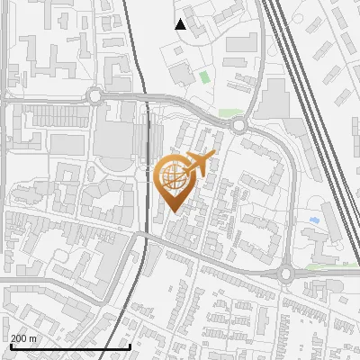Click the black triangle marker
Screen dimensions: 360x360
coord(180,24)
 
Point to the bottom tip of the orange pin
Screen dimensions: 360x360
coord(173,212)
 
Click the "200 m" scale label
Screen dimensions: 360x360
coord(23,338)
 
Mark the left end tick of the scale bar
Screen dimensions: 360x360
coord(10,346)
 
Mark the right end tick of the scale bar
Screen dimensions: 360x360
coord(130,346)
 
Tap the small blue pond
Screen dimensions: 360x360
coord(313,219)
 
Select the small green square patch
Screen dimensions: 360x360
coord(204,77)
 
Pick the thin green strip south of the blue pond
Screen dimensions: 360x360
coord(319,266)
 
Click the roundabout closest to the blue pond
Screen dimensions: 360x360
coord(286,274)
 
